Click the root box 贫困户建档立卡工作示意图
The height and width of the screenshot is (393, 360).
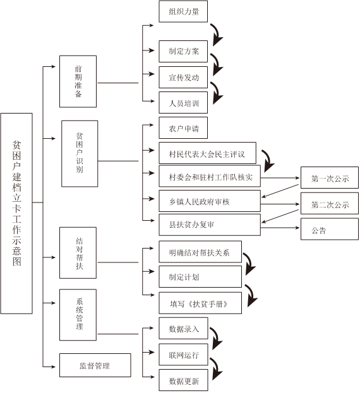(16, 213)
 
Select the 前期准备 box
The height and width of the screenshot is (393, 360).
(78, 81)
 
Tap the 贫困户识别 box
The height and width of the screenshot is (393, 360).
(80, 154)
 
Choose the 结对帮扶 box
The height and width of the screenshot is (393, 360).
(78, 253)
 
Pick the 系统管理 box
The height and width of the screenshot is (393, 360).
(78, 315)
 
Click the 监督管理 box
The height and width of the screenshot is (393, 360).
(95, 365)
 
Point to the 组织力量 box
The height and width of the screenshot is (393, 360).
(183, 11)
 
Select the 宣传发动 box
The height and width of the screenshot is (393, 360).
(183, 77)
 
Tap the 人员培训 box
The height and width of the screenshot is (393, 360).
(183, 103)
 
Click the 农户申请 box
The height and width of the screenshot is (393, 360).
(183, 128)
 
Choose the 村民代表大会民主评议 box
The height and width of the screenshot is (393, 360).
(207, 153)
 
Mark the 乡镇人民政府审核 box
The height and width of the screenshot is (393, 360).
(210, 201)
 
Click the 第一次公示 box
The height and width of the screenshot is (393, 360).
(330, 178)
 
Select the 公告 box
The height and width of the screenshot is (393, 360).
(330, 229)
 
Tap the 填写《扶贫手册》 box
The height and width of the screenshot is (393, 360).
(200, 303)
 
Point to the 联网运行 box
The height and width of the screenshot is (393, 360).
(183, 355)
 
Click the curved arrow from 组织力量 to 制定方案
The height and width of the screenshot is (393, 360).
(217, 34)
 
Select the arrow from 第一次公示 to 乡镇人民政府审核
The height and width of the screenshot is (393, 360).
(280, 191)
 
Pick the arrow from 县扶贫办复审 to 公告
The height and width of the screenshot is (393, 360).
(280, 228)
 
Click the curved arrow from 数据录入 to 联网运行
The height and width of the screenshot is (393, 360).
(217, 337)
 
